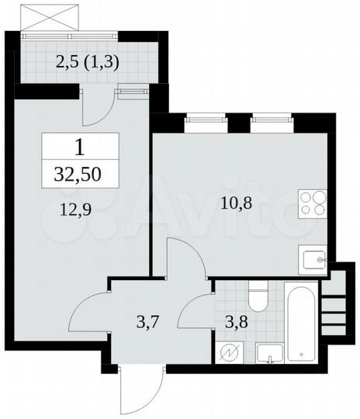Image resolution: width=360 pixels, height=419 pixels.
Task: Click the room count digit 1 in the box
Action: click(x=80, y=146)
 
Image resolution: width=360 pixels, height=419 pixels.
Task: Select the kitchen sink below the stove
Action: click(x=313, y=259)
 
